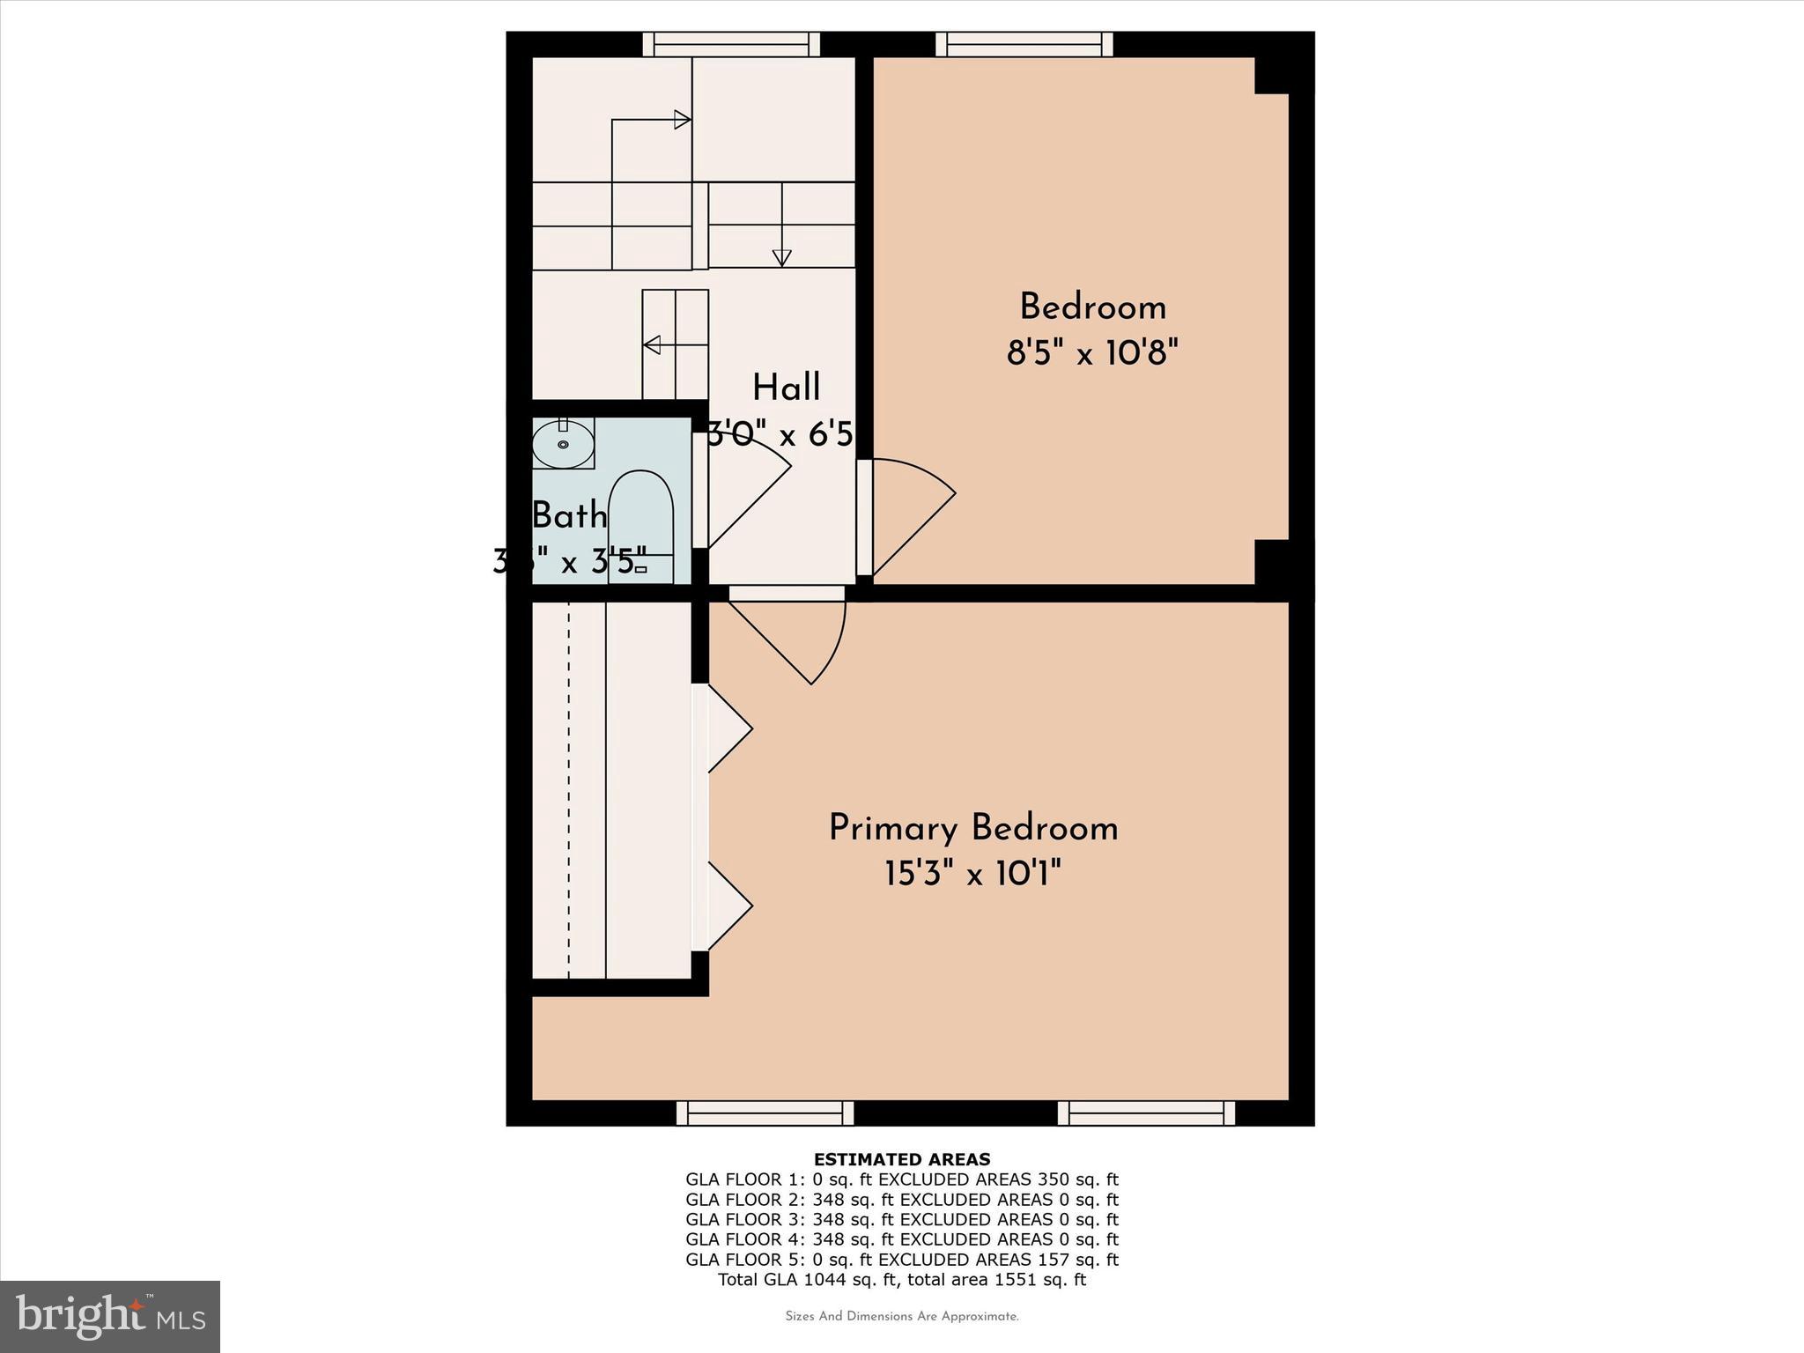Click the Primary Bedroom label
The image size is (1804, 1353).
click(x=972, y=829)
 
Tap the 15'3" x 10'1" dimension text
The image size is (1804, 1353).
click(x=972, y=876)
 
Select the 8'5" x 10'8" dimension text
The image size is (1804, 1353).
click(x=1092, y=353)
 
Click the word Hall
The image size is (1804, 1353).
click(x=786, y=388)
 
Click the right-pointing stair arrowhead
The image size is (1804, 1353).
click(x=682, y=119)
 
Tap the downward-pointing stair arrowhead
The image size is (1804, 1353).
click(x=781, y=258)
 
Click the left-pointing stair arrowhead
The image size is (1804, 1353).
click(x=652, y=344)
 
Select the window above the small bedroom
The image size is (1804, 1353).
click(x=1024, y=44)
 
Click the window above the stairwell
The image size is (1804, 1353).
click(x=731, y=44)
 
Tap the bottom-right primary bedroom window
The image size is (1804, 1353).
click(x=1145, y=1113)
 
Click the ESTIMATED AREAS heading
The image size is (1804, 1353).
click(x=902, y=1159)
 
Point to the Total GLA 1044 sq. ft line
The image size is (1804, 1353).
click(x=902, y=1280)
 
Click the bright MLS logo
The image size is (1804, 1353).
click(x=110, y=1316)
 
